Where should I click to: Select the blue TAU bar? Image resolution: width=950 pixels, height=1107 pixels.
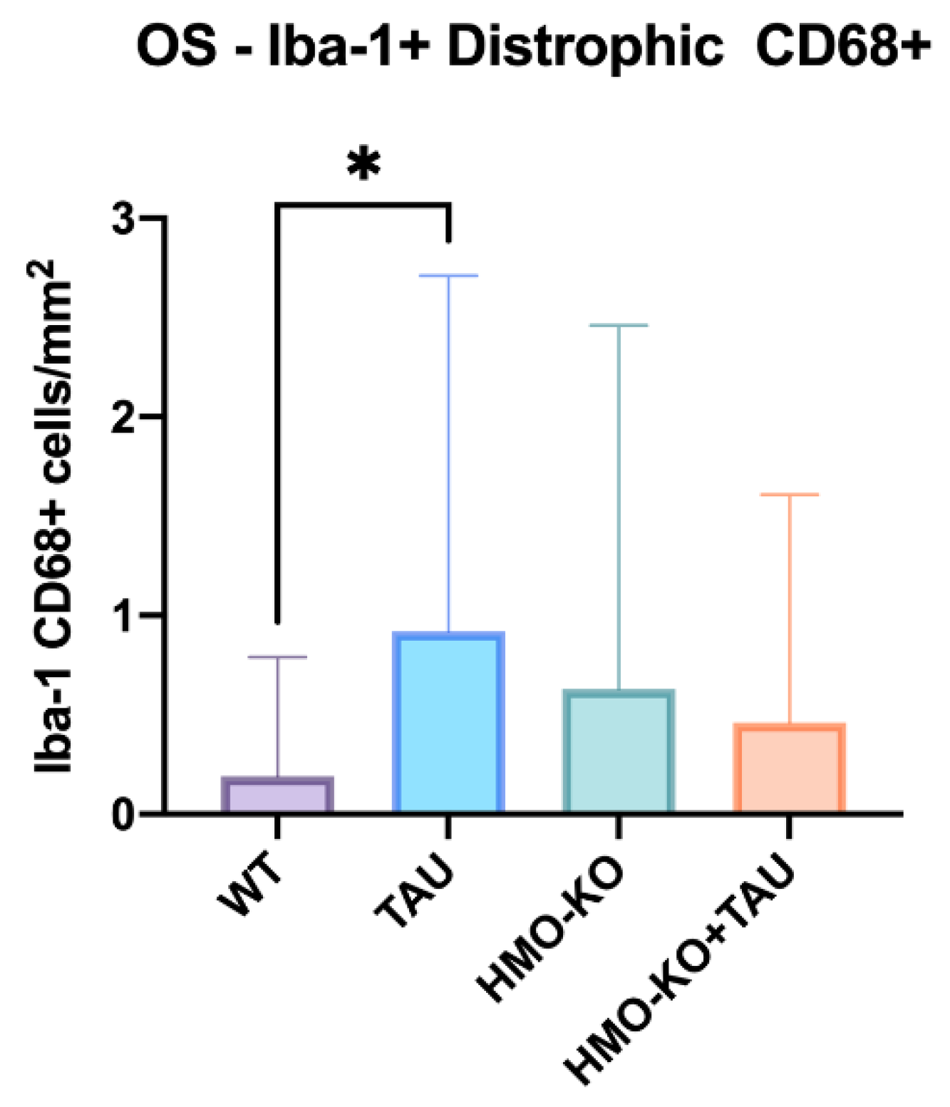click(448, 723)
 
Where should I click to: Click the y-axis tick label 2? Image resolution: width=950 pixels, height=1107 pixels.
click(124, 418)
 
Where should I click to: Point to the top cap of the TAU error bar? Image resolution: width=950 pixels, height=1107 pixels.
click(448, 275)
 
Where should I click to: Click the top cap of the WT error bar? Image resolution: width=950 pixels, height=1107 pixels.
click(277, 657)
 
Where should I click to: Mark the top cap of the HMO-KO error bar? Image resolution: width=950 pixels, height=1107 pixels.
click(619, 325)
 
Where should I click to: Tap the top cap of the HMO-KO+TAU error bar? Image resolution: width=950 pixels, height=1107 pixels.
click(789, 494)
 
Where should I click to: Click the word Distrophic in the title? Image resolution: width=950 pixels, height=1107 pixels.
click(585, 48)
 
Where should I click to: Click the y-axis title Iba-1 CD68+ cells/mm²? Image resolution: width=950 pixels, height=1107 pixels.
click(54, 517)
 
